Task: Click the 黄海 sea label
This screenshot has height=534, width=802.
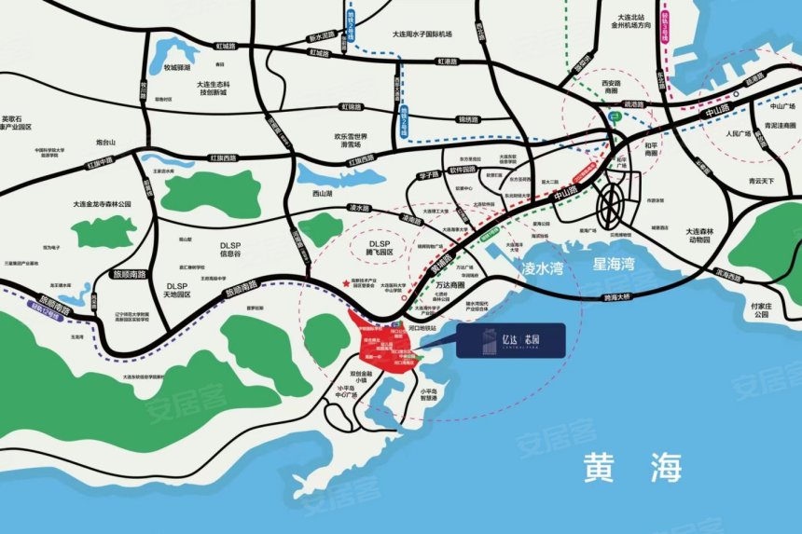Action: point(632,464)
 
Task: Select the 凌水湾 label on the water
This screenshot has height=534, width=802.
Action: point(541,270)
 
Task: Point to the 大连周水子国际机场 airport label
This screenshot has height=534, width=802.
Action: point(422,34)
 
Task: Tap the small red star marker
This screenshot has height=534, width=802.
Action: point(347,282)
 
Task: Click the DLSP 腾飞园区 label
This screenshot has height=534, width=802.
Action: point(374,247)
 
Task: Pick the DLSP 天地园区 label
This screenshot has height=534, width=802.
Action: point(178,290)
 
